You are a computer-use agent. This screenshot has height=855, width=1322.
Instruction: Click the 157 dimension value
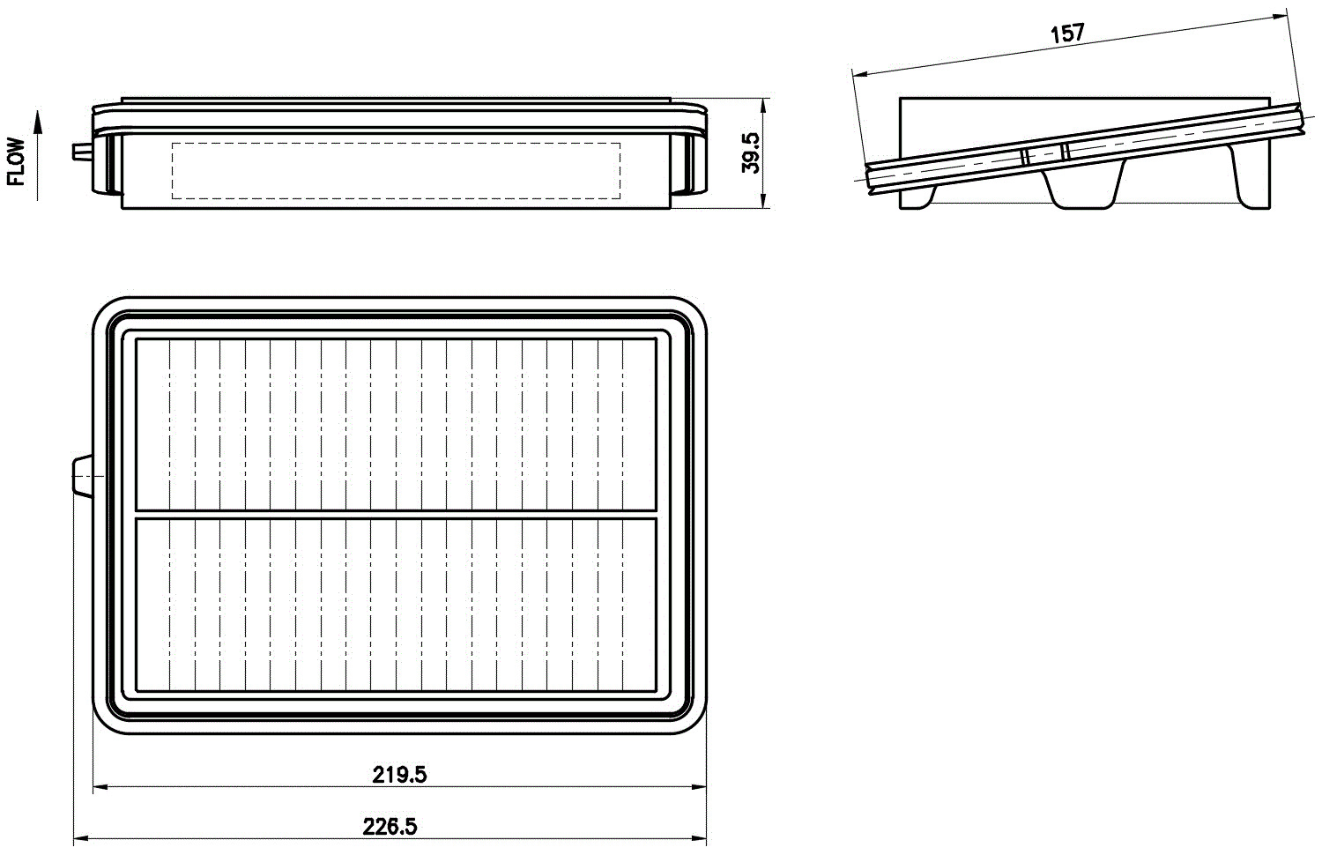tap(1067, 33)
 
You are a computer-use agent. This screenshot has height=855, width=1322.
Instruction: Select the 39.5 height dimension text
tap(750, 152)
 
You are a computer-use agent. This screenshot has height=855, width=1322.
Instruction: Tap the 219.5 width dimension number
tap(399, 774)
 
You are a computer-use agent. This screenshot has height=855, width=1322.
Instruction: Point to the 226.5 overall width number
tap(390, 827)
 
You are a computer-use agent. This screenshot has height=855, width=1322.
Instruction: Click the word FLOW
tap(17, 161)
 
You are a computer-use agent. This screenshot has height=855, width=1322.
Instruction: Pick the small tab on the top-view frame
tap(83, 477)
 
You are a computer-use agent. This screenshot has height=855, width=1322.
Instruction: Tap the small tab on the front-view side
tap(83, 152)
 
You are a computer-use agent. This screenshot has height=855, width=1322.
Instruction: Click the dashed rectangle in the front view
tap(396, 143)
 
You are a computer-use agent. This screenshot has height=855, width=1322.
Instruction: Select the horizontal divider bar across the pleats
tap(396, 515)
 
